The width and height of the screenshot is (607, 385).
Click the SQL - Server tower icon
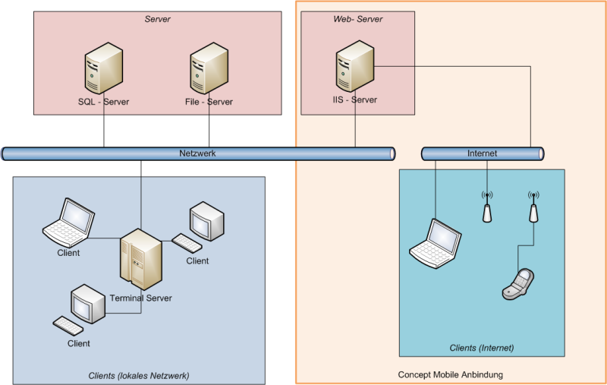104,68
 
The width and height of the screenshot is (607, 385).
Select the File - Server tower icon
209,68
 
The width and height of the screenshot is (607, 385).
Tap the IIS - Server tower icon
355,66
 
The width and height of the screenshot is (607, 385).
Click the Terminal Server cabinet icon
141,259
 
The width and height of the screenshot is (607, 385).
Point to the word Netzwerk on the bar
197,153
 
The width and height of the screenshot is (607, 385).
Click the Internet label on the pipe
482,153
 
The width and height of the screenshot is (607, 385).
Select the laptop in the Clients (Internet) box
436,244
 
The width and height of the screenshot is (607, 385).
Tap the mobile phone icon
518,284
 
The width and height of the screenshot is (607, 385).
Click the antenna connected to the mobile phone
533,207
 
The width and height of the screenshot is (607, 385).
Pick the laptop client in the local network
68,222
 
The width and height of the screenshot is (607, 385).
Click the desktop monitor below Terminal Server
88,304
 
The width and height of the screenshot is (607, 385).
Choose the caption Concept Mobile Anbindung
450,374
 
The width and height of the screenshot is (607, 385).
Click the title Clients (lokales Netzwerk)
139,375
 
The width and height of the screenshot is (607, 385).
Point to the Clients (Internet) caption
482,348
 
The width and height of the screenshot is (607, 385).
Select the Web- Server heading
357,19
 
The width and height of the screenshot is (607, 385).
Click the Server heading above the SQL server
157,19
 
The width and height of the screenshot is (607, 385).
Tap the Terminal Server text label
140,298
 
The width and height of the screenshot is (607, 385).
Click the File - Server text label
209,102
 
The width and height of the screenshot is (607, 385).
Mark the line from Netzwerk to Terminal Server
141,194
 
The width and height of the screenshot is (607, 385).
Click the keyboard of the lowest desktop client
68,326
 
